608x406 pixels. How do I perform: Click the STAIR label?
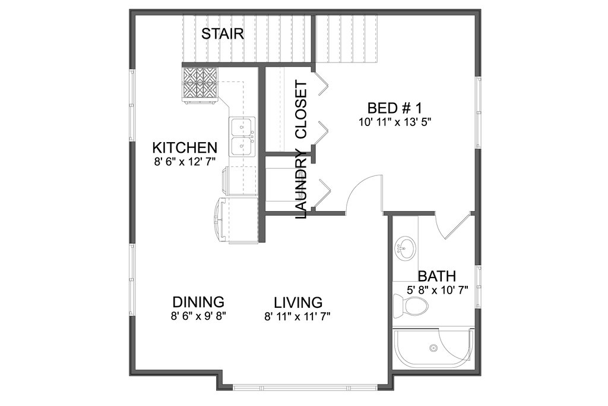[223, 34]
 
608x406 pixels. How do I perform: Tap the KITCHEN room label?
[185, 148]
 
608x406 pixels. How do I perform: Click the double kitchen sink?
[242, 137]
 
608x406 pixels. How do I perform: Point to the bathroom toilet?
[410, 304]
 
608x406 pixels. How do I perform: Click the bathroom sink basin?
[405, 248]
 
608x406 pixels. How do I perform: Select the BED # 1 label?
[394, 108]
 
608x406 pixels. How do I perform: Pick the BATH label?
[436, 276]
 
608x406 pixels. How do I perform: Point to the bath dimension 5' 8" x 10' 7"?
[438, 289]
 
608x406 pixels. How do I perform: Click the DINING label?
[198, 301]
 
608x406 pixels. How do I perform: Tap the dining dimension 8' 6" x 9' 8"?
[198, 316]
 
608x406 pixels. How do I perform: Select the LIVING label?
[298, 302]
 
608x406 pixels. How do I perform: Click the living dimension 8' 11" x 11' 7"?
[297, 317]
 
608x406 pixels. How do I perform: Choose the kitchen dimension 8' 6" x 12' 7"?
[185, 161]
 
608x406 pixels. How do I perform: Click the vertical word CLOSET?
[301, 109]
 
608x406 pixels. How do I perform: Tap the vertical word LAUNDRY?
[301, 184]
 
